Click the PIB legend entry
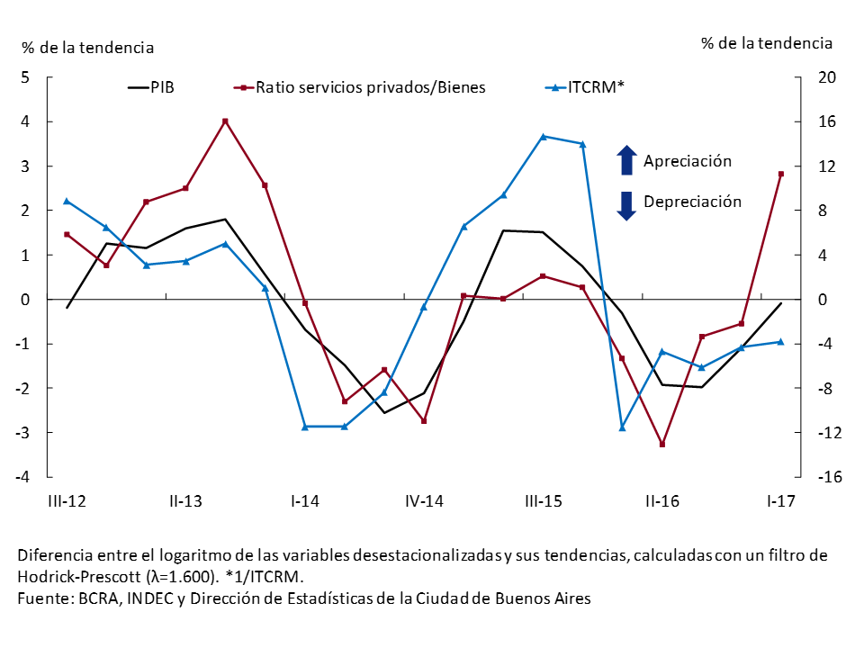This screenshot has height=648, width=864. click(x=153, y=87)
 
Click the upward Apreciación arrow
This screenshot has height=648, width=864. click(x=626, y=160)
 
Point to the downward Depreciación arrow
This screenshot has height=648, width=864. click(x=626, y=204)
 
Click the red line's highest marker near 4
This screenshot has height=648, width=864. click(x=225, y=121)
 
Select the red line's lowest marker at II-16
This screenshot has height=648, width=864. click(x=662, y=445)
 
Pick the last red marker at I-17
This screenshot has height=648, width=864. click(x=781, y=174)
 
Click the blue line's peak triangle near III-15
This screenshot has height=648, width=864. click(x=543, y=136)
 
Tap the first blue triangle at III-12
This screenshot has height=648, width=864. click(x=67, y=201)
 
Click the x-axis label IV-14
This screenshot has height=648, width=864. click(x=423, y=501)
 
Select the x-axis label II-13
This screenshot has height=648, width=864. click(x=185, y=501)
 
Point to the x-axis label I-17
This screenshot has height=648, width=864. click(x=780, y=501)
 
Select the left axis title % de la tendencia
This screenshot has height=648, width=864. click(x=87, y=47)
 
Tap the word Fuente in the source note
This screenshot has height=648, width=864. click(x=42, y=598)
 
